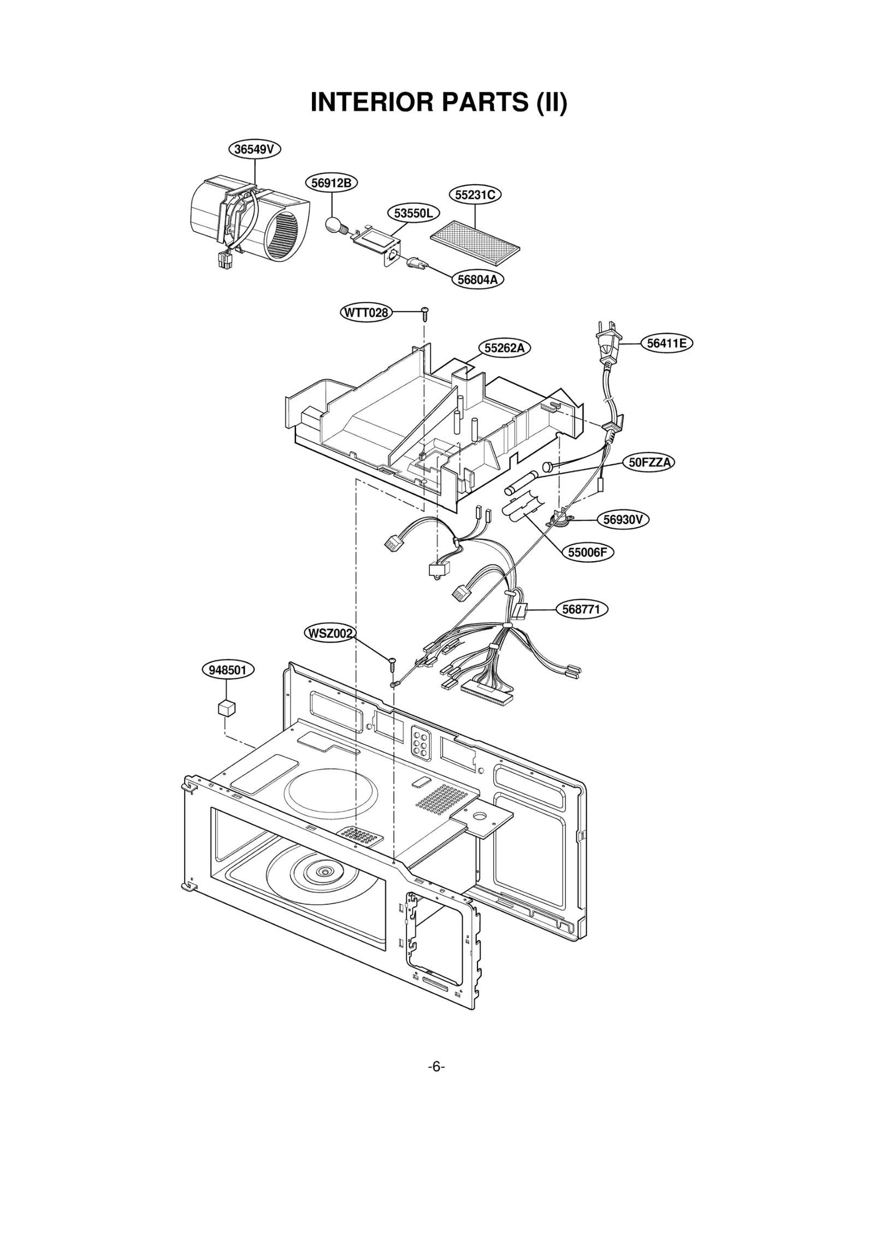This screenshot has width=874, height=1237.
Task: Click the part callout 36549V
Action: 254,149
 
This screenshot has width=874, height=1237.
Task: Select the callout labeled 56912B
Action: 331,183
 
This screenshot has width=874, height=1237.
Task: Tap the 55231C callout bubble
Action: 475,195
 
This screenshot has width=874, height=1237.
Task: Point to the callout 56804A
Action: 477,280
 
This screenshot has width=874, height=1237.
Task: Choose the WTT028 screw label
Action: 366,313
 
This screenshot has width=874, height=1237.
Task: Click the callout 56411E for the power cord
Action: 666,343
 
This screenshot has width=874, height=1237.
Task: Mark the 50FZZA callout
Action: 649,462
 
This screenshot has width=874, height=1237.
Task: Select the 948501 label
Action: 228,670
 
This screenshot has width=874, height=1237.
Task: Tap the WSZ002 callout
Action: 329,633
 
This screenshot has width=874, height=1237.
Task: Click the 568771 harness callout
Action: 581,609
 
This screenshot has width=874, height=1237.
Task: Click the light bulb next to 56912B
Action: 333,225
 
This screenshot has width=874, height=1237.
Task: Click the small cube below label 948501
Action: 226,708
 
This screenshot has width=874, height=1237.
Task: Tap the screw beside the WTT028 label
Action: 425,313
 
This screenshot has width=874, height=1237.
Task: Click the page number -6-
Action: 436,1067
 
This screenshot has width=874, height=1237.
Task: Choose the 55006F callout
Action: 587,552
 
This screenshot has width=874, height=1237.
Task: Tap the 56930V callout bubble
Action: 623,519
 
